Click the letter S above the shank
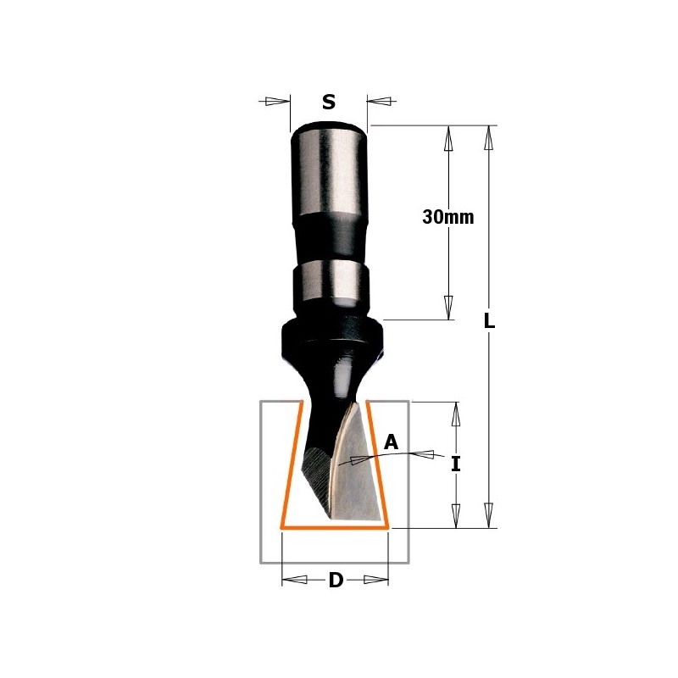click(x=329, y=103)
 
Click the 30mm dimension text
click(x=447, y=217)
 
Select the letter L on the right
click(x=489, y=321)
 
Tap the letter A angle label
click(x=391, y=442)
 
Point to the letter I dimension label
click(x=456, y=464)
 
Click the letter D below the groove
click(x=336, y=581)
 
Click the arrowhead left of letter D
click(x=294, y=581)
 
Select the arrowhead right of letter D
click(x=375, y=581)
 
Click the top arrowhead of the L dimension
click(x=488, y=139)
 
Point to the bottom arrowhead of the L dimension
click(x=488, y=514)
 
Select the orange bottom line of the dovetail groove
click(x=335, y=528)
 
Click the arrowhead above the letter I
click(x=456, y=414)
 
